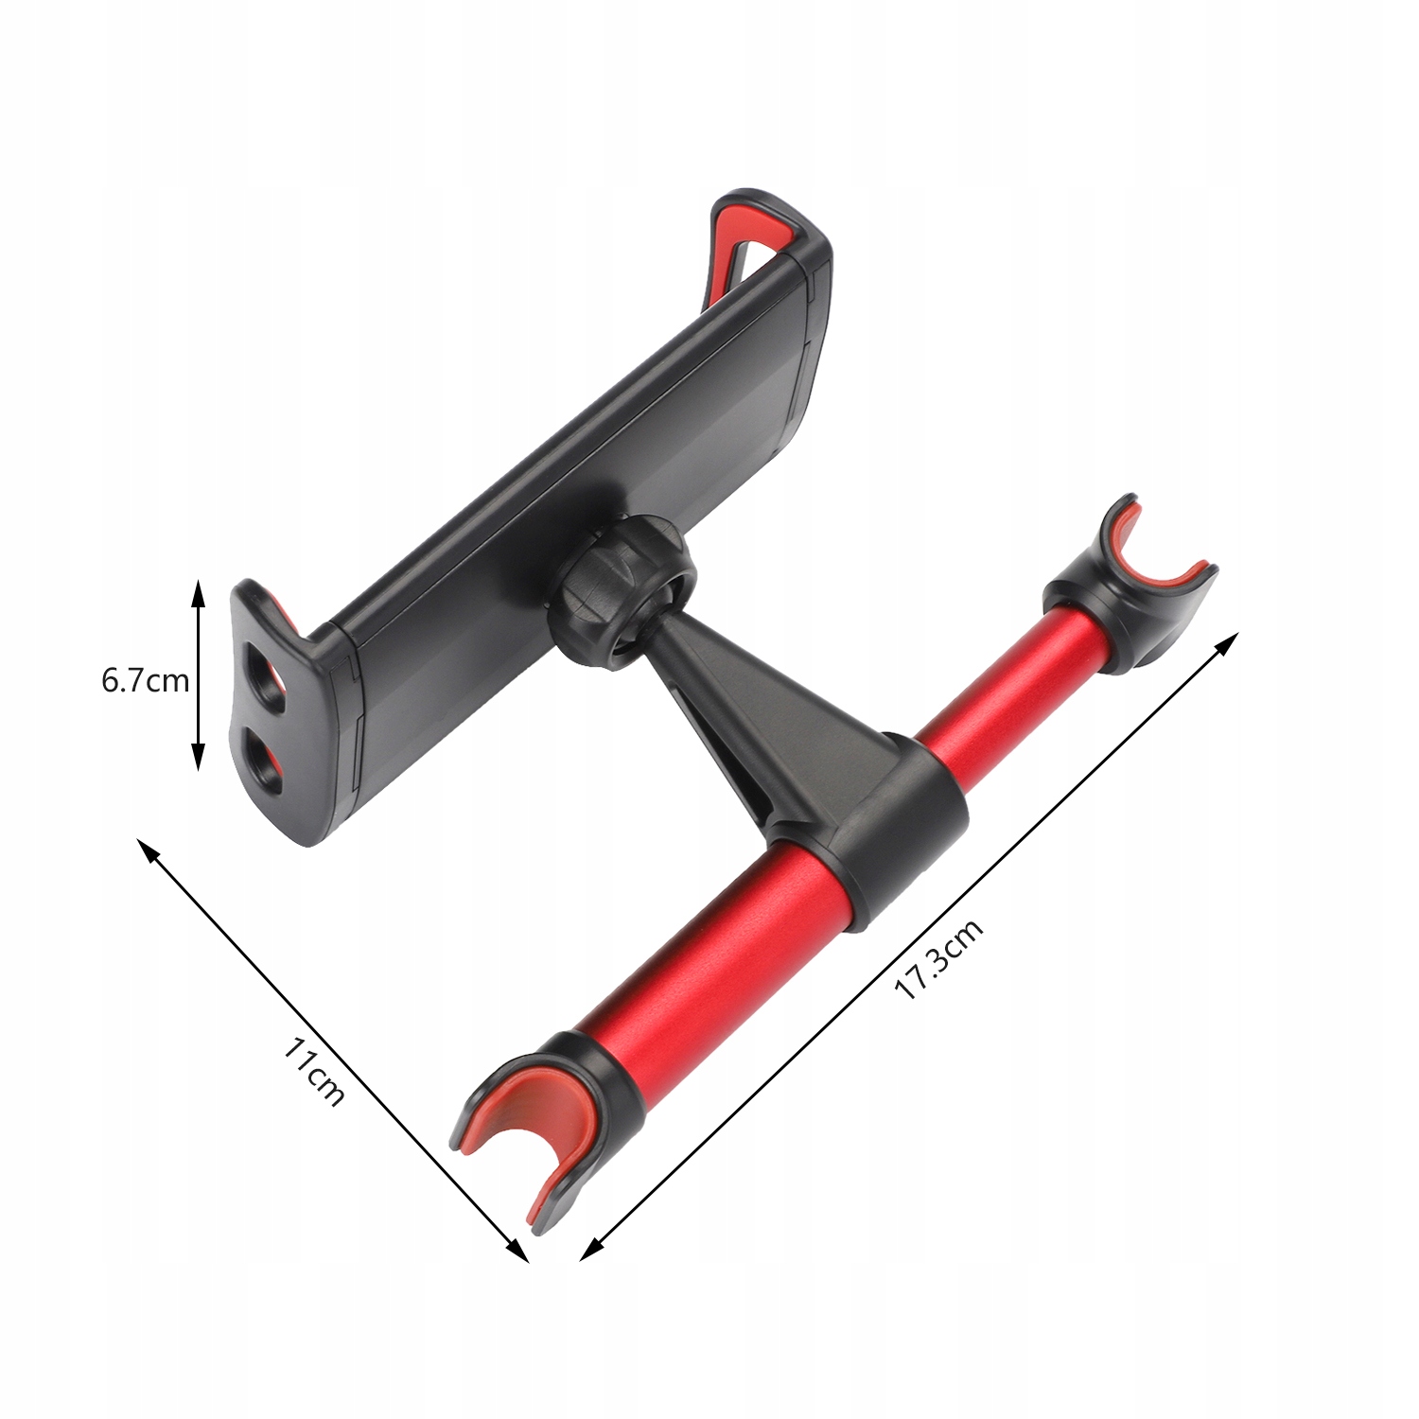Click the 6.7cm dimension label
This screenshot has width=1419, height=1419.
tap(145, 680)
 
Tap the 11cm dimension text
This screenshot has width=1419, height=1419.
tap(314, 1072)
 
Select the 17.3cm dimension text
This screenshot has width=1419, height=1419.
tap(938, 958)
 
